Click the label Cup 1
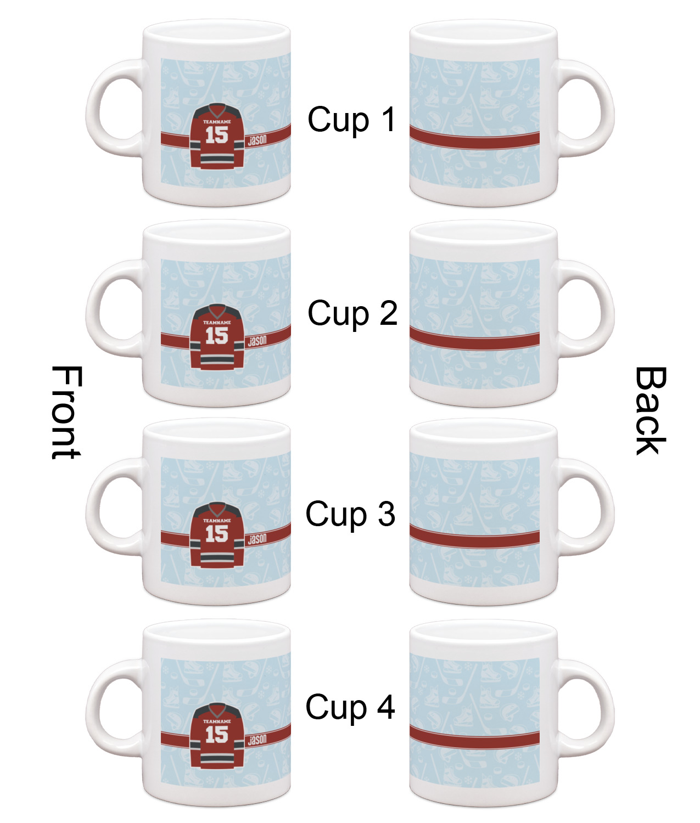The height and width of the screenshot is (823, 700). coord(352,120)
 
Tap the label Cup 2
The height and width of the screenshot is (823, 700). coord(352,314)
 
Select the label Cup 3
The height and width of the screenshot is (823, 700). coord(350,515)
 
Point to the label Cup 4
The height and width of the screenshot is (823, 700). coord(350,708)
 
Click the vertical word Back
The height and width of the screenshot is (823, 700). coord(650,410)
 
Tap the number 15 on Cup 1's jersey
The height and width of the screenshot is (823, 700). coord(217,134)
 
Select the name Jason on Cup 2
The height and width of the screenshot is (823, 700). coord(257,341)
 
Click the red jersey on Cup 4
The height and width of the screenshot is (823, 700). coord(217,736)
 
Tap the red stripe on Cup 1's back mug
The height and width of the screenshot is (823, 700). coord(474,138)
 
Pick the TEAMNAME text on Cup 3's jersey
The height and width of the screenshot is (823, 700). coord(217,520)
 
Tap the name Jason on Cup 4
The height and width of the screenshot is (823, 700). coord(257,740)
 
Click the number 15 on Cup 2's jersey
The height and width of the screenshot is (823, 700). coord(217,336)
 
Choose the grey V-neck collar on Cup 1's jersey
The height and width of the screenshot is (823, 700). coord(217,110)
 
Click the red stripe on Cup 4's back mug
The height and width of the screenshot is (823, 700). coord(474,738)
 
